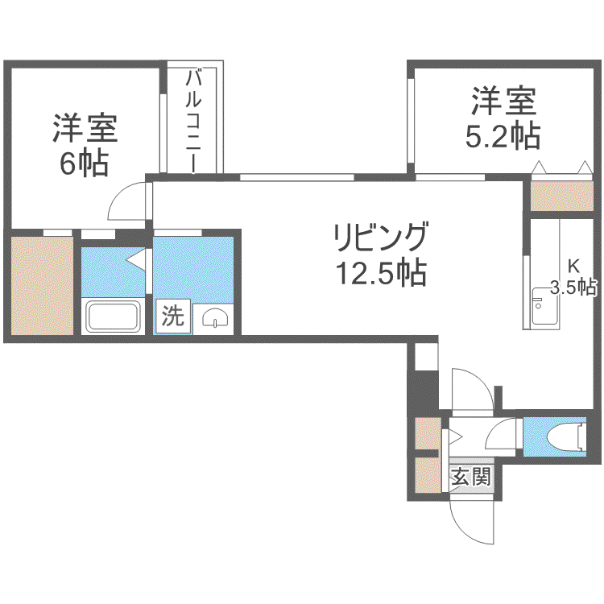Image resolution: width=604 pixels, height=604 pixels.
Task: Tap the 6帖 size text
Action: coord(84,163)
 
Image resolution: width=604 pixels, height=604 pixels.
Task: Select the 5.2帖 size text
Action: coord(503,136)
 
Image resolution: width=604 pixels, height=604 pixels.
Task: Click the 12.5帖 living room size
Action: coord(382,273)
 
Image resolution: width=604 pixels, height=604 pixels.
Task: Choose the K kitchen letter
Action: coord(573,266)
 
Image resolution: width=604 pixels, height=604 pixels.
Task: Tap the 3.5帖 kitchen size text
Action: coord(573,287)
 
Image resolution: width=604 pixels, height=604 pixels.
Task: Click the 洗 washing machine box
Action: coord(173,316)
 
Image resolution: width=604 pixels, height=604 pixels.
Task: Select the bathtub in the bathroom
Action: coord(113,316)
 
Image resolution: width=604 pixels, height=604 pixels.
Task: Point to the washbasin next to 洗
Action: coord(215,318)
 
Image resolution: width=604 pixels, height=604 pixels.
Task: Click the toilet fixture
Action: coord(566,437)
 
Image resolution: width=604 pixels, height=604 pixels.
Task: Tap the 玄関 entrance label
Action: coord(471,477)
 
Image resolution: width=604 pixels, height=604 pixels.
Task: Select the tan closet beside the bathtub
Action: coord(43,286)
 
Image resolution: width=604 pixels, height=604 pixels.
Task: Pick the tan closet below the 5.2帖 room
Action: coord(561,196)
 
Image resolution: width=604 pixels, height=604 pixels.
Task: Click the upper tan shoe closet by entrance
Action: coord(428,433)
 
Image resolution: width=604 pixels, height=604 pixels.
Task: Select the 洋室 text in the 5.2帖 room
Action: coord(504,101)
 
